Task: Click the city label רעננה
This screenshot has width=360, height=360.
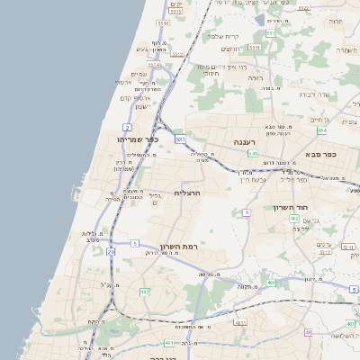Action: (245, 142)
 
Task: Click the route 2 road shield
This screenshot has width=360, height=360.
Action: (127, 129)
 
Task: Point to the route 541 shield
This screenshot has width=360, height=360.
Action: (253, 154)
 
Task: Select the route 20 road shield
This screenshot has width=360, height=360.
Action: (111, 253)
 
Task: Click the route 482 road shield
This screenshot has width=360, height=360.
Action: (144, 292)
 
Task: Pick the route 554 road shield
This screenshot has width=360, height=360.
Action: (321, 130)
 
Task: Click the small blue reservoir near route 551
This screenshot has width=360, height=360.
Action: (259, 19)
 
